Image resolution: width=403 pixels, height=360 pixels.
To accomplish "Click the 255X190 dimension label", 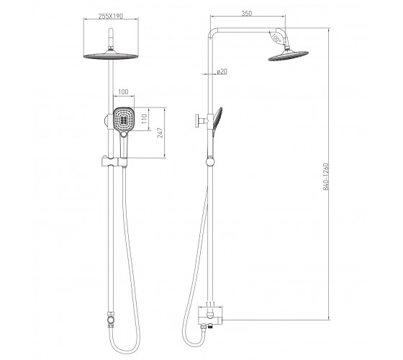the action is click(x=111, y=16).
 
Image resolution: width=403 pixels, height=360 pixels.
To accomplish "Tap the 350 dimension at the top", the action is click(x=246, y=14).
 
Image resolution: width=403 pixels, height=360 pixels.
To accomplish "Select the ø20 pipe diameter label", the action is click(x=222, y=71).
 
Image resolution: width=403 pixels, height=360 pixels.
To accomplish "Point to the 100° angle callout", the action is click(x=276, y=38).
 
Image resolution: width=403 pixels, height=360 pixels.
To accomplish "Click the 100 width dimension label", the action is click(x=123, y=92).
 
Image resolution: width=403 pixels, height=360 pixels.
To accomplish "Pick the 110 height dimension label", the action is click(x=145, y=119).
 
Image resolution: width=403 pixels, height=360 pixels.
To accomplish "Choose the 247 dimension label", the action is click(x=160, y=132).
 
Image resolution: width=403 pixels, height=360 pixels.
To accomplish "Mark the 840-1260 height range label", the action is click(x=326, y=176).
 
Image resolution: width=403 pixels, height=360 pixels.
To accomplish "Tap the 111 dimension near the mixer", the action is click(x=210, y=304).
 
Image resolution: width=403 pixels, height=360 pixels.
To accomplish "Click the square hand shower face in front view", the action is click(x=124, y=119).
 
